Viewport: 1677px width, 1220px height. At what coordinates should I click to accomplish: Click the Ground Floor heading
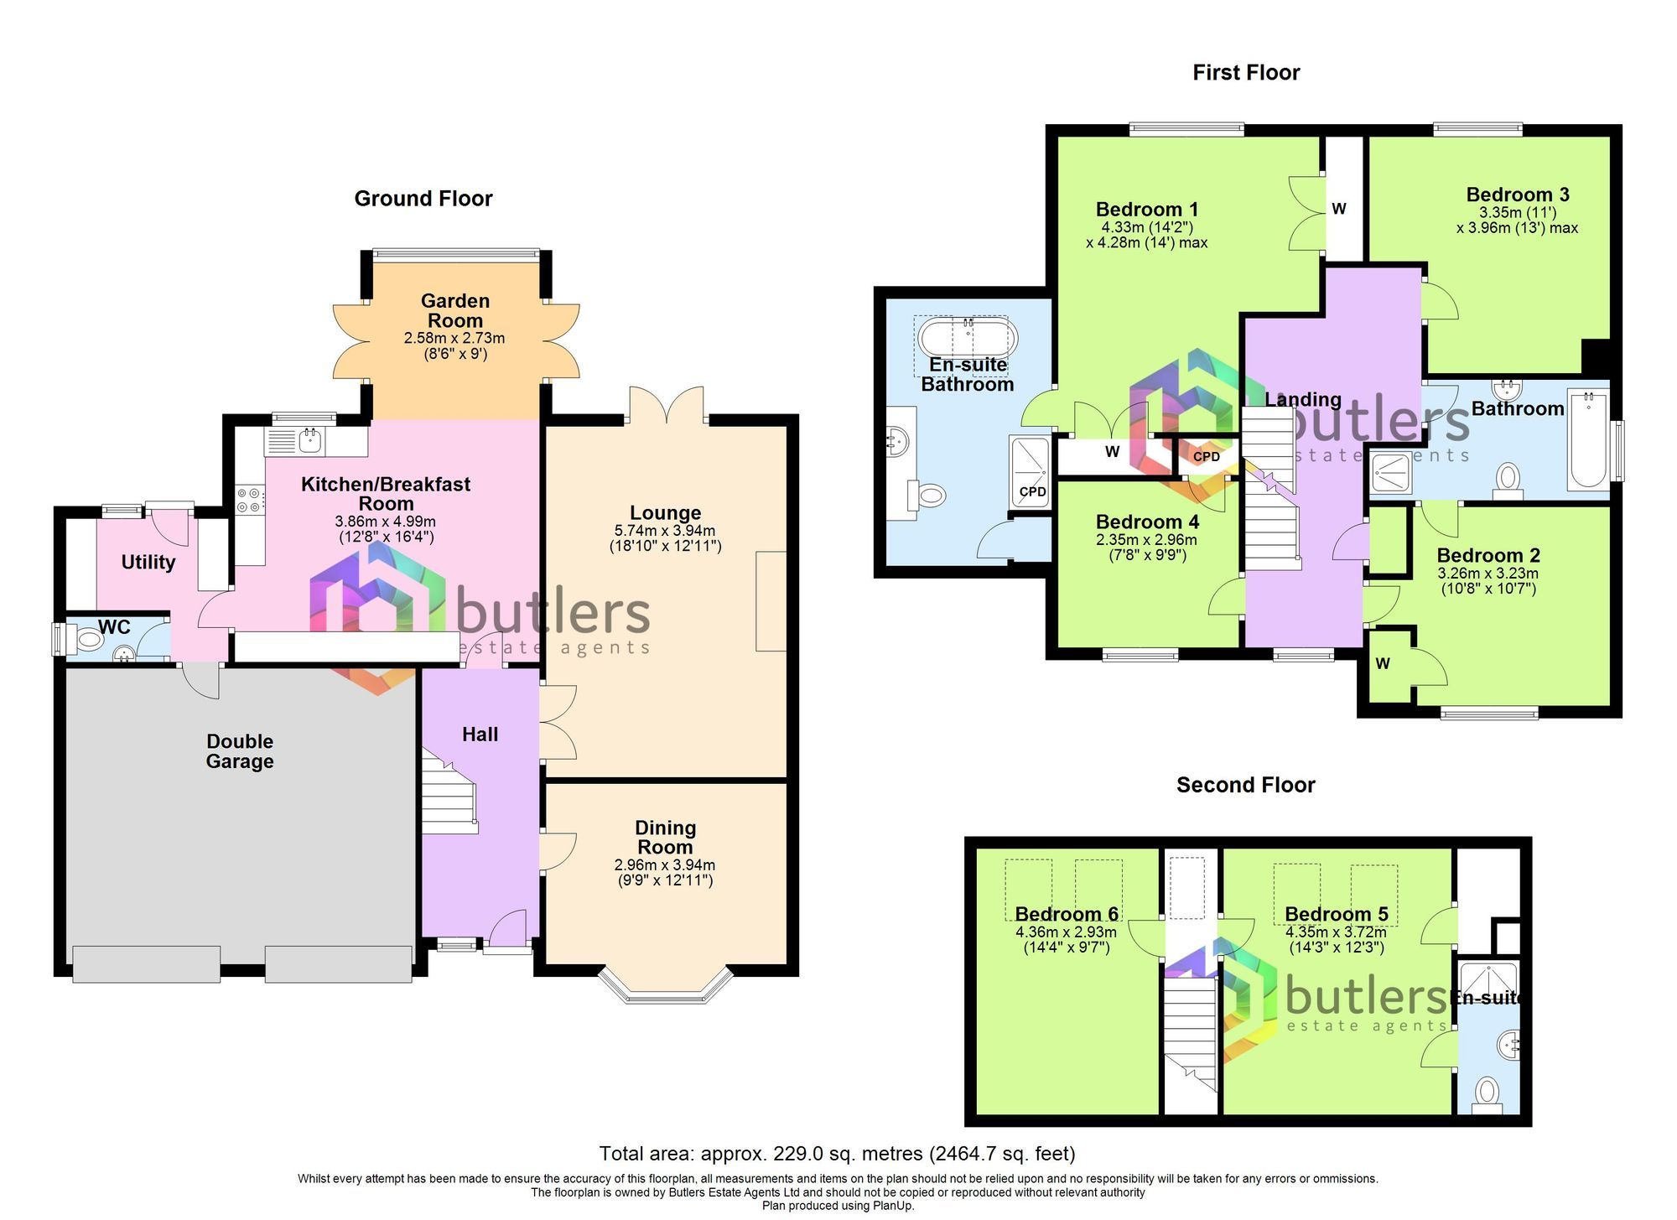(x=423, y=199)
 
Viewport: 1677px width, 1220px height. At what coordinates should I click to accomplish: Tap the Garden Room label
(x=454, y=310)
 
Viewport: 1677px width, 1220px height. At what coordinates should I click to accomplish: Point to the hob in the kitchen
(x=249, y=501)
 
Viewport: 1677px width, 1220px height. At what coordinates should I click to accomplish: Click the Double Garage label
(x=240, y=751)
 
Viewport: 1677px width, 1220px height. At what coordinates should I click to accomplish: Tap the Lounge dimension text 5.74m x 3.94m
(x=665, y=531)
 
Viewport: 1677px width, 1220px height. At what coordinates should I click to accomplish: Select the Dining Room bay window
(x=665, y=988)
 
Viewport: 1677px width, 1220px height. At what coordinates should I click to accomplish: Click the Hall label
(x=480, y=735)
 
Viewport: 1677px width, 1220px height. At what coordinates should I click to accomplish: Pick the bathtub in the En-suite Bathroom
(x=968, y=339)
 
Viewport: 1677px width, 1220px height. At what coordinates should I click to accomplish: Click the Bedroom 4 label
(x=1147, y=522)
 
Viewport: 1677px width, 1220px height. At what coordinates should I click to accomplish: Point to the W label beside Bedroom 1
(x=1339, y=209)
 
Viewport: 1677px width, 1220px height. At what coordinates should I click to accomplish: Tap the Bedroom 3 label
(x=1518, y=195)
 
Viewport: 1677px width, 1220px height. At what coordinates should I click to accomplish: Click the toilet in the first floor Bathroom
(x=1508, y=479)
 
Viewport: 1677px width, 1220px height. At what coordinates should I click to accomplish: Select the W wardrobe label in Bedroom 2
(x=1383, y=664)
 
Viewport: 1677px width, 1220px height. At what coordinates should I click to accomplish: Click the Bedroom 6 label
(x=1067, y=914)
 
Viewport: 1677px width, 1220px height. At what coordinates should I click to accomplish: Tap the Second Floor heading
(x=1245, y=785)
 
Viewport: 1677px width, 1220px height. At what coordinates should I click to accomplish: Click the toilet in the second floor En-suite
(x=1487, y=1092)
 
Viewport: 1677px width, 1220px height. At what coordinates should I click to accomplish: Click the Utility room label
(x=148, y=562)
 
